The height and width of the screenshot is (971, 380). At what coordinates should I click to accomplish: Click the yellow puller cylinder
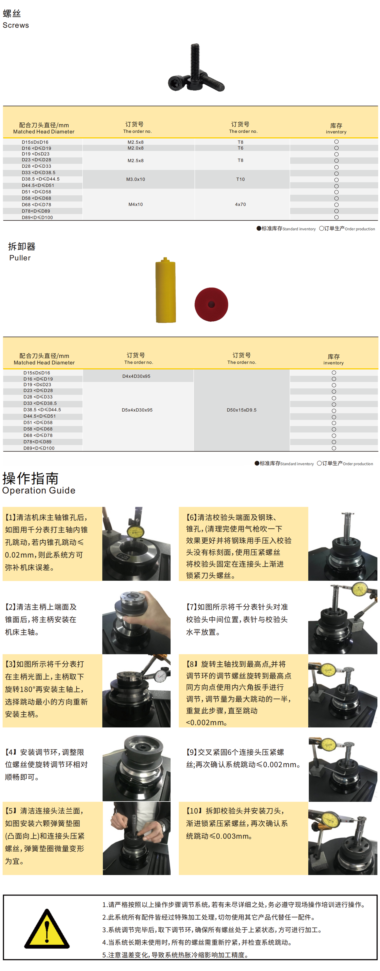point(166,290)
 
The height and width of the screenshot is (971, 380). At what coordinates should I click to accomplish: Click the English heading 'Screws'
point(16,25)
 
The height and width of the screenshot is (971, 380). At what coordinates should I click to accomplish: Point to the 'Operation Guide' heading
point(39,490)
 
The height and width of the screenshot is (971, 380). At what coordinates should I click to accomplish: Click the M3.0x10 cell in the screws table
point(136,179)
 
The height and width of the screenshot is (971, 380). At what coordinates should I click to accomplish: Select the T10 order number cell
point(240,179)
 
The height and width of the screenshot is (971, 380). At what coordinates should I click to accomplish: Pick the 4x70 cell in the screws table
point(240,204)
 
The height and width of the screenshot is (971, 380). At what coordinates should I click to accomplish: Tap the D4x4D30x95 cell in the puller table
point(136,376)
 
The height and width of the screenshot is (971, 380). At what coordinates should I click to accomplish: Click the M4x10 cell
point(136,204)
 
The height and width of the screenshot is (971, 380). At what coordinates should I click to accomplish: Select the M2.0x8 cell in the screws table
point(136,148)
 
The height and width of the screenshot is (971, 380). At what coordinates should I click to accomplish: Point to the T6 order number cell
point(240,148)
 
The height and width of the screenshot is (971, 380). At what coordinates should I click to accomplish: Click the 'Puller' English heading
point(20,258)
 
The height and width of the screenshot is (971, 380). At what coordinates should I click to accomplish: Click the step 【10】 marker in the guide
point(194,811)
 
